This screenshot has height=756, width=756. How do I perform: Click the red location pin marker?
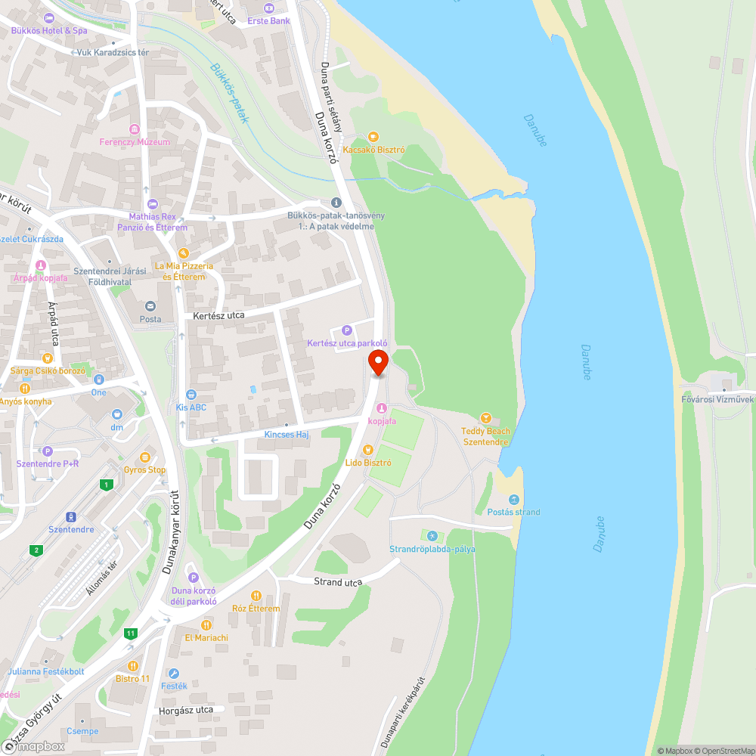(x=378, y=362)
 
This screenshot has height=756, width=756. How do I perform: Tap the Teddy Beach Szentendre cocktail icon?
(x=486, y=418)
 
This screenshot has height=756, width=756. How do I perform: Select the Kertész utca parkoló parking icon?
(x=347, y=330)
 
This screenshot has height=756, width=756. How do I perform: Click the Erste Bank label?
(x=268, y=20)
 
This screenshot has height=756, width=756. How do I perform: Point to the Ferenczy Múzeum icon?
(x=135, y=129)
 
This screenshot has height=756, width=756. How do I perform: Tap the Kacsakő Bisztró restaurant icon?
(x=373, y=136)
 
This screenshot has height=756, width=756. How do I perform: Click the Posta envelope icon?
(x=150, y=305)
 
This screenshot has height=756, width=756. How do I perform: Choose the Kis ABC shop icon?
(x=191, y=394)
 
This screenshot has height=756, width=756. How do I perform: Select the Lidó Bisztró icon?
(x=368, y=449)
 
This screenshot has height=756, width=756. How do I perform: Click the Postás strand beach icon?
(x=513, y=499)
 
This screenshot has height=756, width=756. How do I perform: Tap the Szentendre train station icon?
(x=71, y=516)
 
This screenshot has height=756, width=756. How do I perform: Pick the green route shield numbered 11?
(x=131, y=633)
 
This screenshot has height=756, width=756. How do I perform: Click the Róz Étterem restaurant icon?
(x=256, y=596)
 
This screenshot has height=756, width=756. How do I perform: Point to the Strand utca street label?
(x=338, y=581)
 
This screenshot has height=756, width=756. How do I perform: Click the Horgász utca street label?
(x=186, y=711)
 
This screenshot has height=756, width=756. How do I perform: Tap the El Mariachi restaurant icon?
(x=206, y=625)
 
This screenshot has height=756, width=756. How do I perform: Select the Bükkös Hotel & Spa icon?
(x=49, y=17)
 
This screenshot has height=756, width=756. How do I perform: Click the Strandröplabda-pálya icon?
(x=432, y=535)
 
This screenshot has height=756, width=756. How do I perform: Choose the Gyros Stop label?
(x=145, y=469)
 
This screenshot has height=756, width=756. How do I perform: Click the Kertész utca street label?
(x=218, y=314)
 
